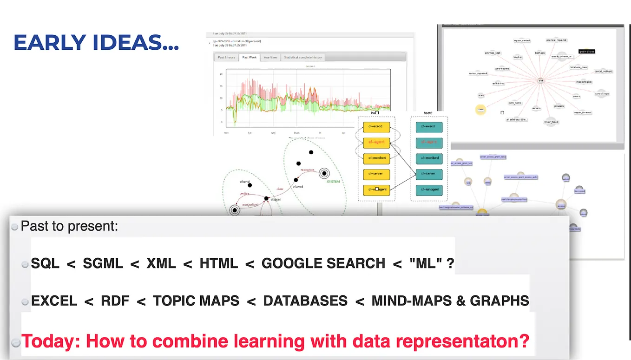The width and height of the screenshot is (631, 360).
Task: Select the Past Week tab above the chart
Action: pos(250,57)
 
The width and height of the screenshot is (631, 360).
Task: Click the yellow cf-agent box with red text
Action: pos(376,143)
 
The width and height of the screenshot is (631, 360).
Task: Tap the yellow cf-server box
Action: pos(376,174)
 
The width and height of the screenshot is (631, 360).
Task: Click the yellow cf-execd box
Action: pos(376,127)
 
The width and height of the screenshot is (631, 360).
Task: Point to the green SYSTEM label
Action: pos(333,182)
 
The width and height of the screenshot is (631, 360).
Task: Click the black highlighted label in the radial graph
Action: pos(586,52)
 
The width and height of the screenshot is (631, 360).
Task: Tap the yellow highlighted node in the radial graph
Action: pos(480,110)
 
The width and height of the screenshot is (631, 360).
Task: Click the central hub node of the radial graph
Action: pos(540,80)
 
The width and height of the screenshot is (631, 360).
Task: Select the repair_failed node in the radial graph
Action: pos(551,122)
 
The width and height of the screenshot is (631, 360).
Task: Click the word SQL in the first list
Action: pos(45,264)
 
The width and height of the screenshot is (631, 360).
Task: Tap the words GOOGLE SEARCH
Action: pos(323,264)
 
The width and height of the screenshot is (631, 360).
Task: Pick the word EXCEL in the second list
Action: pos(54,301)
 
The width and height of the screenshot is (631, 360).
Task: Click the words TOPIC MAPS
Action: pos(196,301)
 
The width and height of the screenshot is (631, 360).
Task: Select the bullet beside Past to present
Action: pos(14,227)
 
